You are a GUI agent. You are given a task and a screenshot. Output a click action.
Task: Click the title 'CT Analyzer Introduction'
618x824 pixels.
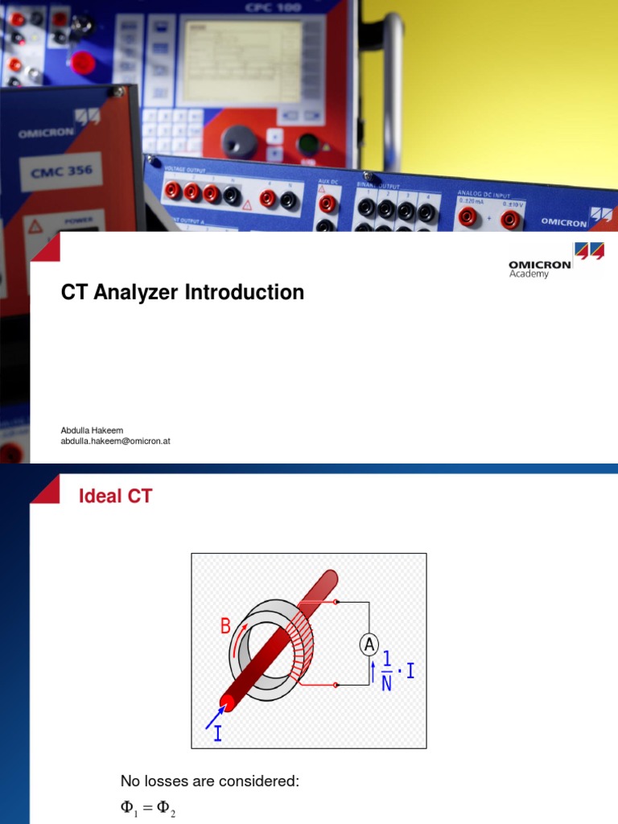183,292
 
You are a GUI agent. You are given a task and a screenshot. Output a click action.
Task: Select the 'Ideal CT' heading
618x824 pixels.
115,496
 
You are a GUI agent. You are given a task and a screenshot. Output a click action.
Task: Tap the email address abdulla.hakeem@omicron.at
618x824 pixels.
115,442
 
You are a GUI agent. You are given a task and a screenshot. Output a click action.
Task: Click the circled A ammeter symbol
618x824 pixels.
369,645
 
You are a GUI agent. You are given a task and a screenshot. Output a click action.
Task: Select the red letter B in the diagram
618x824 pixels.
226,626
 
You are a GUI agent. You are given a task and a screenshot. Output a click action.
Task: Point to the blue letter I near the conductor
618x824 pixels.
217,733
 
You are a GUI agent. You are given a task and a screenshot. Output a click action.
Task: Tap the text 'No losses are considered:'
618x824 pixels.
209,781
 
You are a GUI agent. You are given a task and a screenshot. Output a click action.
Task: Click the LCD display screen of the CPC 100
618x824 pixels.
241,61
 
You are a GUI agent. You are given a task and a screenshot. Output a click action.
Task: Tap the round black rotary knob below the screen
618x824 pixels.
238,140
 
